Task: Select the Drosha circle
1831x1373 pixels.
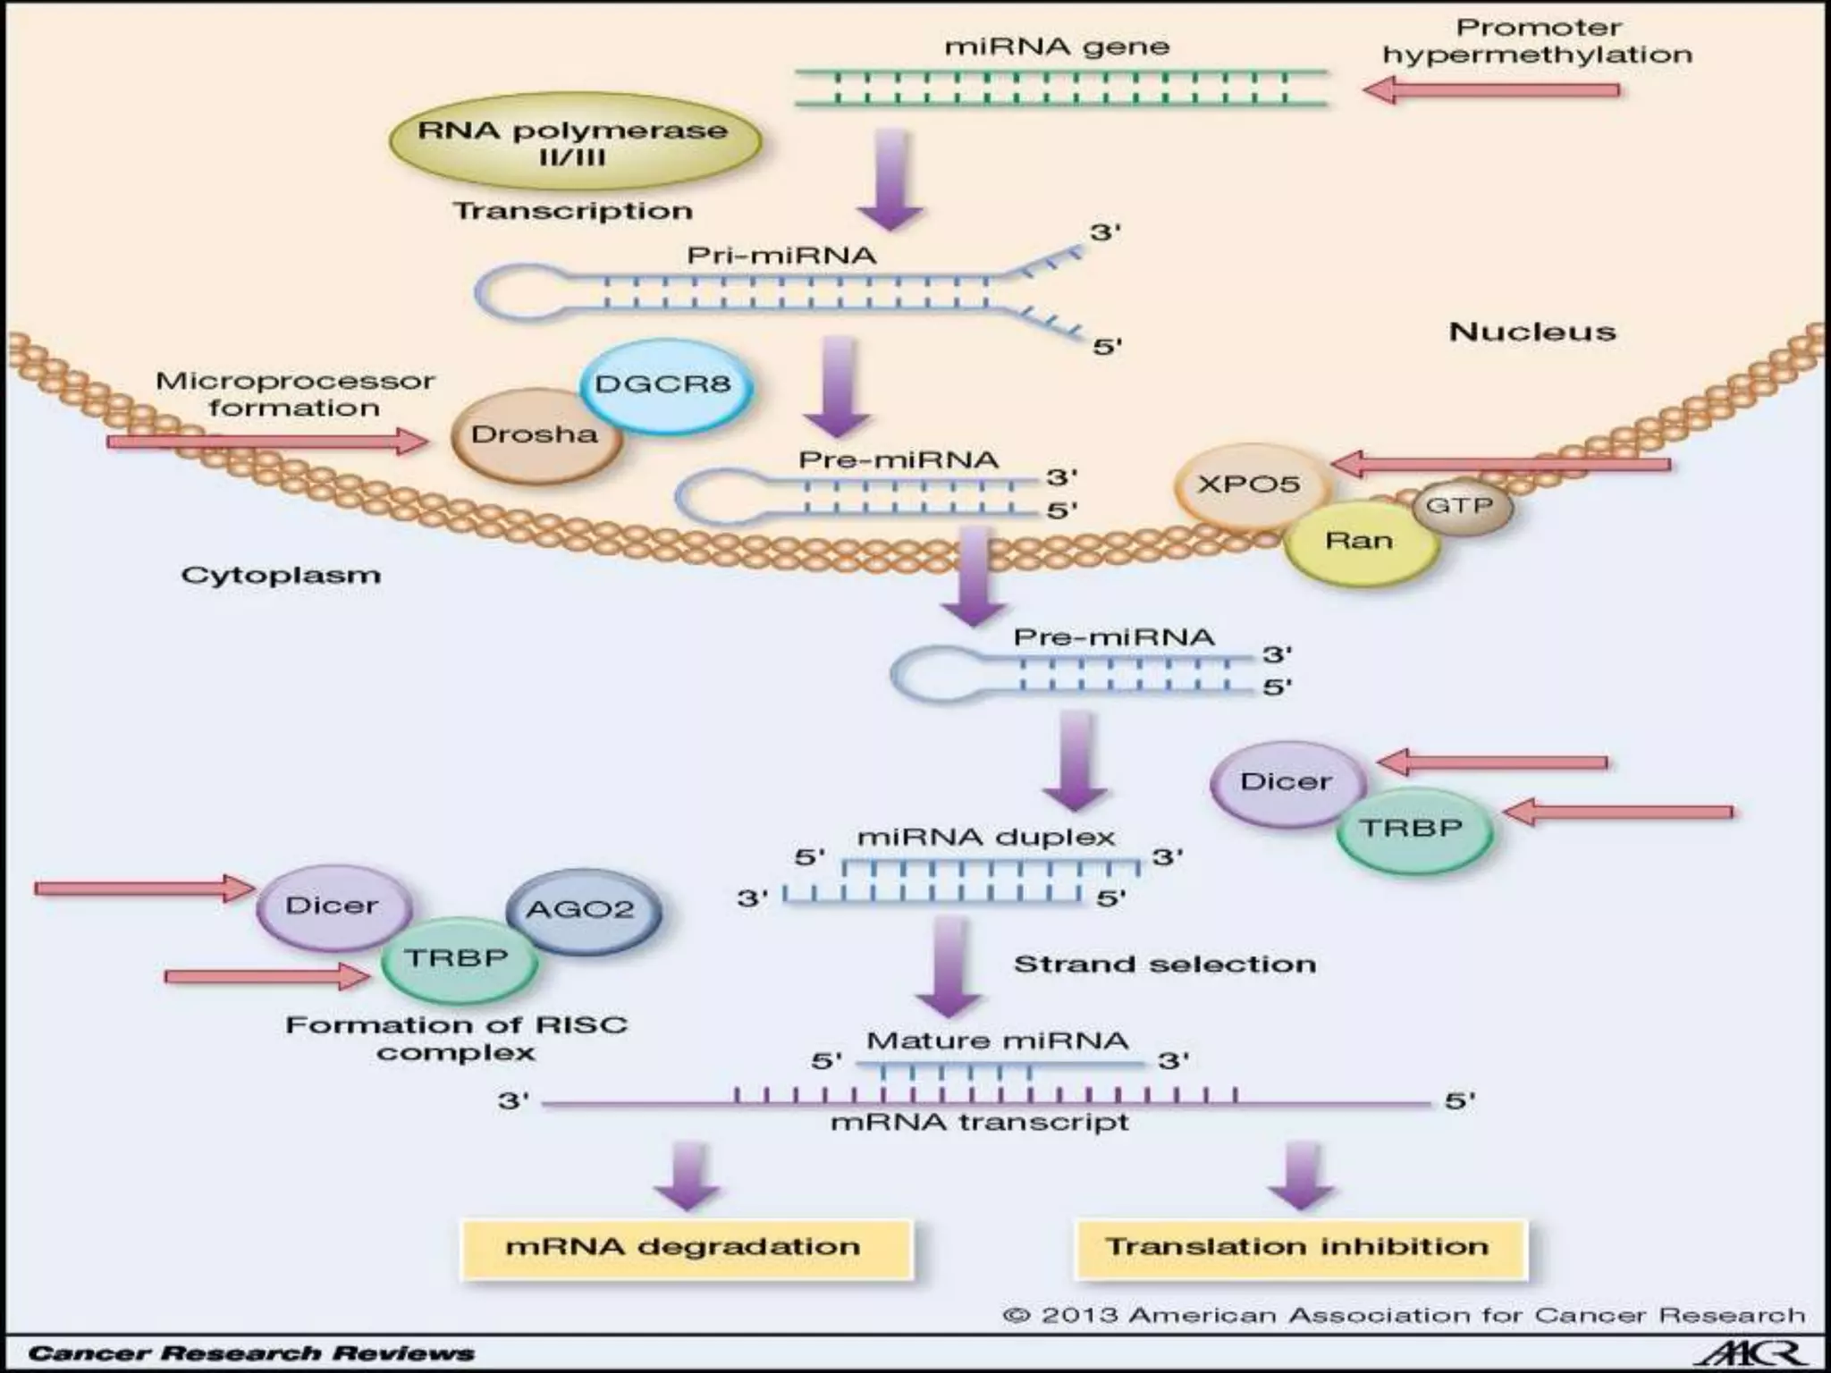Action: [535, 435]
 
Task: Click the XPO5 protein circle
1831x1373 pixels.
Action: [1249, 485]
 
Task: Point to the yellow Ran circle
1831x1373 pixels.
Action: [1359, 542]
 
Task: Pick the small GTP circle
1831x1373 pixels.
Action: [1460, 506]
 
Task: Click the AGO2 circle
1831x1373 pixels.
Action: [581, 911]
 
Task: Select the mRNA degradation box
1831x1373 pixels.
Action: [684, 1247]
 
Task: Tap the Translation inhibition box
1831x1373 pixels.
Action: [1299, 1247]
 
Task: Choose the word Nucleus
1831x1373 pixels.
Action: [1531, 333]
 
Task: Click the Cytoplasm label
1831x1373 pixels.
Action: [281, 575]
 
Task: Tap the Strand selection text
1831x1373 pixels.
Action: [1164, 964]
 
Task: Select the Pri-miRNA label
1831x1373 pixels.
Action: [781, 256]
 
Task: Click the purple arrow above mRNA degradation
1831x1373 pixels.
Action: [687, 1175]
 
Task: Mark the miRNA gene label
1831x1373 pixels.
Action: [1057, 46]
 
